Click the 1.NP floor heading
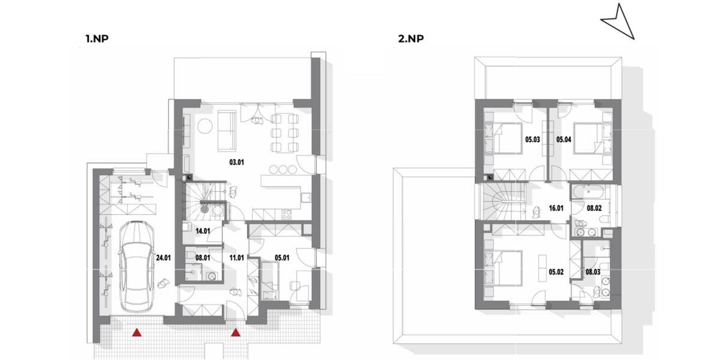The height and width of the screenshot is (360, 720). (97, 39)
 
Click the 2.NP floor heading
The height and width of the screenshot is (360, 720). (411, 39)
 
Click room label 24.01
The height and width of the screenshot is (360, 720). (163, 258)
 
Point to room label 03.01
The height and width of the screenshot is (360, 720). (236, 163)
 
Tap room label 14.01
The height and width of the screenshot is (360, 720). (203, 231)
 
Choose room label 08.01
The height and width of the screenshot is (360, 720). (203, 258)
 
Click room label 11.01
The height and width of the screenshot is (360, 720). (236, 258)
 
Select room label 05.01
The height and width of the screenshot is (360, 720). (282, 258)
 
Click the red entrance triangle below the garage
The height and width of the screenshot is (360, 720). (137, 332)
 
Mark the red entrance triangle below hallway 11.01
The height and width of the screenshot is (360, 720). (236, 332)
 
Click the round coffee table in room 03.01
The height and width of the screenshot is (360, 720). (205, 126)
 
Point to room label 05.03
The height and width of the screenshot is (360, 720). (533, 139)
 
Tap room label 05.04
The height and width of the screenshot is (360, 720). (564, 139)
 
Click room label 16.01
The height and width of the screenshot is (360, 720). (556, 208)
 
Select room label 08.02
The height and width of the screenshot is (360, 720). (595, 208)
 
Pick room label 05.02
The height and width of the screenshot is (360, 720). (556, 272)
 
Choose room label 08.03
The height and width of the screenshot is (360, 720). (593, 272)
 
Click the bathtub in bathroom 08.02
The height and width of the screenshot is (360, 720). (589, 191)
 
